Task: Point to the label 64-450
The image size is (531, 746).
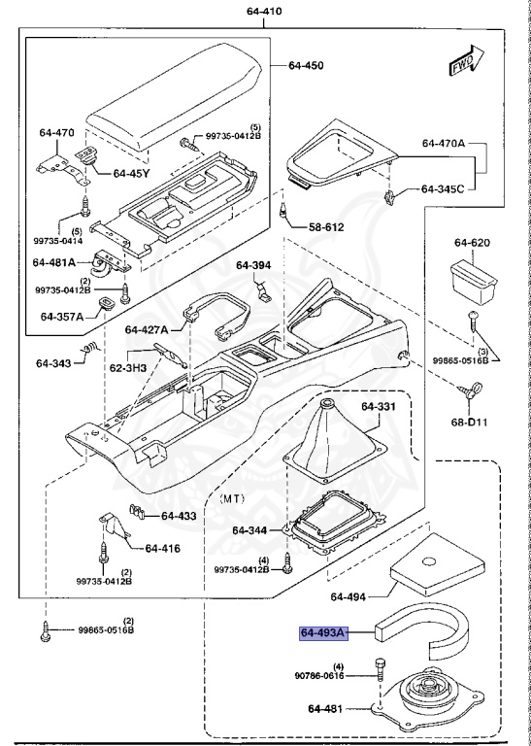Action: (x=306, y=66)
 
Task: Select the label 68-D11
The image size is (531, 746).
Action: (x=481, y=421)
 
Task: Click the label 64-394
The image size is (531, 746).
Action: (x=254, y=264)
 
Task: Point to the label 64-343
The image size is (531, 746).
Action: (x=55, y=364)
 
